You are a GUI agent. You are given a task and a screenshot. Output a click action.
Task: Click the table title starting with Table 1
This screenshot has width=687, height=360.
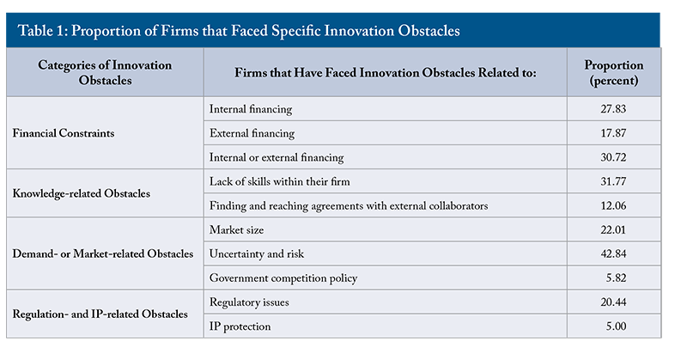tap(239, 31)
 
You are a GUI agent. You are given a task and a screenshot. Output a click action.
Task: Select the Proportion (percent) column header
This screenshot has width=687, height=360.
tap(613, 72)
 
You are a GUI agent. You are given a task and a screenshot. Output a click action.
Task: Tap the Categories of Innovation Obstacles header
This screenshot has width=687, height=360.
tap(105, 72)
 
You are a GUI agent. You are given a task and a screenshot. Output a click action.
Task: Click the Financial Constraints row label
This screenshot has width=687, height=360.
tap(64, 133)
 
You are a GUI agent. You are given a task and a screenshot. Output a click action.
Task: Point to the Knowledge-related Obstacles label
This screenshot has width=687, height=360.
tap(81, 193)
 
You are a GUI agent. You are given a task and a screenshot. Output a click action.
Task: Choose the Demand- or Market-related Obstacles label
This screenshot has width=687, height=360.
tap(102, 253)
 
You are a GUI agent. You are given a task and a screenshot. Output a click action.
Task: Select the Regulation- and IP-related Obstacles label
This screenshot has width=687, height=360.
tap(100, 314)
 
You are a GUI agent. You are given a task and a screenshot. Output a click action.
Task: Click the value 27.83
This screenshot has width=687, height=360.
tap(613, 109)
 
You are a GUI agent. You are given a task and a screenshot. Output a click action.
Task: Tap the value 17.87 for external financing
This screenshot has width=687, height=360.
tap(613, 133)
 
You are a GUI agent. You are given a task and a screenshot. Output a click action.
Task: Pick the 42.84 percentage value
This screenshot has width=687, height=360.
tap(613, 253)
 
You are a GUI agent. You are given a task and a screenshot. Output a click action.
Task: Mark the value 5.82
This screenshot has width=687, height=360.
tap(616, 278)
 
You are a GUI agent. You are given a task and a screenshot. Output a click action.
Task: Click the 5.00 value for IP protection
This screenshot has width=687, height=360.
tap(616, 326)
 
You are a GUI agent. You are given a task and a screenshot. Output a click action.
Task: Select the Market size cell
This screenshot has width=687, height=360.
tap(237, 229)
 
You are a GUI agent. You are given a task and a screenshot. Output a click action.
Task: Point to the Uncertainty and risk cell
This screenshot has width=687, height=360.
tap(256, 253)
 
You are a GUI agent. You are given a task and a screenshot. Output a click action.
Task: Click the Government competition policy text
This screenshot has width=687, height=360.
tap(283, 278)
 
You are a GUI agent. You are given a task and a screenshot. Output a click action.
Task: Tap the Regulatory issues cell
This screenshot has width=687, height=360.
tap(249, 302)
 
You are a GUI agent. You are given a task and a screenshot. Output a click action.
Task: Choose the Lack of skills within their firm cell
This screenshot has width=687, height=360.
tap(280, 181)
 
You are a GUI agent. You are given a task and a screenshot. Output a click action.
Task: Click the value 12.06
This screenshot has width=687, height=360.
tap(613, 205)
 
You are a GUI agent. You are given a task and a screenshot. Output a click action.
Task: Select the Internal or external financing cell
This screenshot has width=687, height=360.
tap(277, 157)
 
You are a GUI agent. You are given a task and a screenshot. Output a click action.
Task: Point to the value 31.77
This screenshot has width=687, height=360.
tap(613, 181)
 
